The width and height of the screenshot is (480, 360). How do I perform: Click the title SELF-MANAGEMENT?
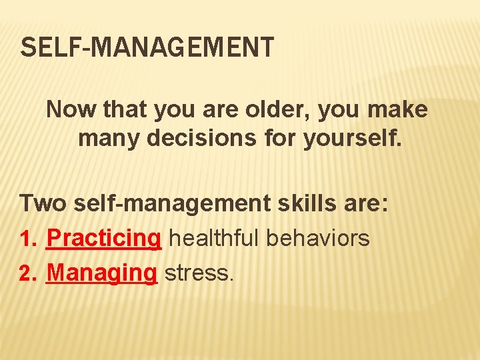pos(147,48)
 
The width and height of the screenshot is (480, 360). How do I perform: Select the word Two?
pos(43,203)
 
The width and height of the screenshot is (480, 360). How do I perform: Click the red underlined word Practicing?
pos(104,238)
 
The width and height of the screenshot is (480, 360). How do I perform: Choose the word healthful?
pos(214,238)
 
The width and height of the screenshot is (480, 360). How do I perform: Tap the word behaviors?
pos(319,238)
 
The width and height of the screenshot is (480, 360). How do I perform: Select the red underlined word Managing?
pos(101,273)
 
